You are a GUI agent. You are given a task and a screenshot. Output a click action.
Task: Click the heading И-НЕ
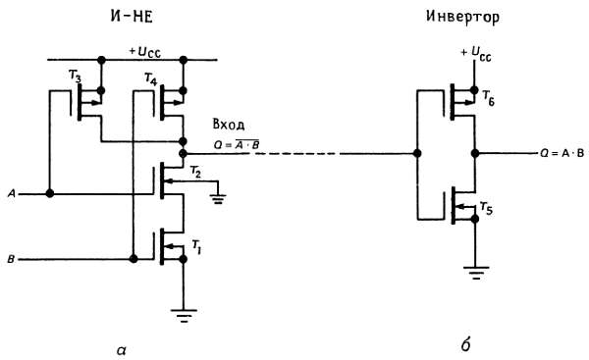pyautogui.click(x=132, y=17)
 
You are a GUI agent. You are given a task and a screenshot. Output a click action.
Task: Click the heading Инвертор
pyautogui.click(x=462, y=17)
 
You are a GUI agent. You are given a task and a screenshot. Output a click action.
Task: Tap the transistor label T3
pyautogui.click(x=75, y=77)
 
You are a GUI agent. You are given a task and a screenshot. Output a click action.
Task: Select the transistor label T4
pyautogui.click(x=150, y=79)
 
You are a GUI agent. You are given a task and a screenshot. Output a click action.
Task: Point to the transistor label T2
pyautogui.click(x=195, y=172)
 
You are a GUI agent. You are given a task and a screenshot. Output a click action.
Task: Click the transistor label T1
pyautogui.click(x=196, y=246)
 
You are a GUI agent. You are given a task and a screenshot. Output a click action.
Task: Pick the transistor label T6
pyautogui.click(x=488, y=98)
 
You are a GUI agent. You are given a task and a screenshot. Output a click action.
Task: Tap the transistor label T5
pyautogui.click(x=486, y=208)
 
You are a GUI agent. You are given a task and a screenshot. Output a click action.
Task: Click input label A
pyautogui.click(x=12, y=194)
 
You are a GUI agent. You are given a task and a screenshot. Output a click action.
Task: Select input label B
pyautogui.click(x=11, y=259)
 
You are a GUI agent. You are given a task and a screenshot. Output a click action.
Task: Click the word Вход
pyautogui.click(x=229, y=125)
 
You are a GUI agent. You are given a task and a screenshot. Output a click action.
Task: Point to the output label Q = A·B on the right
pyautogui.click(x=562, y=153)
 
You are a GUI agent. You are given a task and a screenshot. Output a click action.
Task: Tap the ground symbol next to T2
pyautogui.click(x=219, y=199)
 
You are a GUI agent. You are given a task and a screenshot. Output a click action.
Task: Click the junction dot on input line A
pyautogui.click(x=49, y=193)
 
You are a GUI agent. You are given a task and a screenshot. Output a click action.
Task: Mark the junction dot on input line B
pyautogui.click(x=133, y=259)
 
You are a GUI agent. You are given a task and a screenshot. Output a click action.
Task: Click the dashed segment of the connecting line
pyautogui.click(x=296, y=154)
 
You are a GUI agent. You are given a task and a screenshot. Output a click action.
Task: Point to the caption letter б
pyautogui.click(x=465, y=344)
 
